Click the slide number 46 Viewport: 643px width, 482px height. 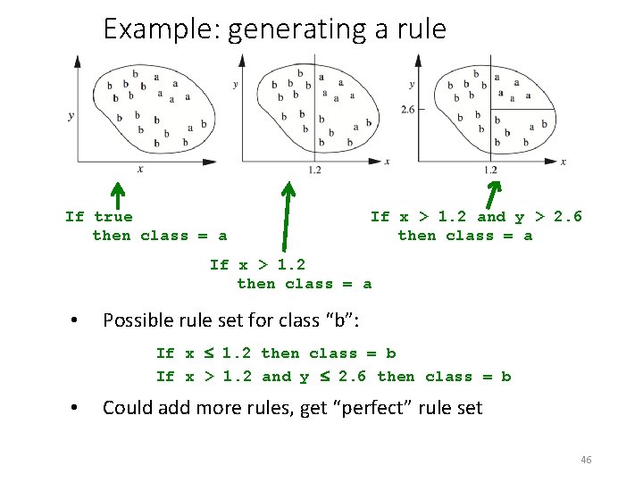586,460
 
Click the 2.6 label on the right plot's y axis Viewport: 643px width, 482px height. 408,109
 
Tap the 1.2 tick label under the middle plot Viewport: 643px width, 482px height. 314,170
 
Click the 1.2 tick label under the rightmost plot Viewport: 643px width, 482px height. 490,170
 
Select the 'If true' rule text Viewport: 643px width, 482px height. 99,217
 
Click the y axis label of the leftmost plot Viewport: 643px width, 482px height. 71,116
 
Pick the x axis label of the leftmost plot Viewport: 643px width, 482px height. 139,170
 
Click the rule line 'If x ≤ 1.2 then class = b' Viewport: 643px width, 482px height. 275,353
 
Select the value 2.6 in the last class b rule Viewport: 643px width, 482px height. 352,377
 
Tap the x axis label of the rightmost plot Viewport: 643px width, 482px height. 563,162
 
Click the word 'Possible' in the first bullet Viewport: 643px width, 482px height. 138,320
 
